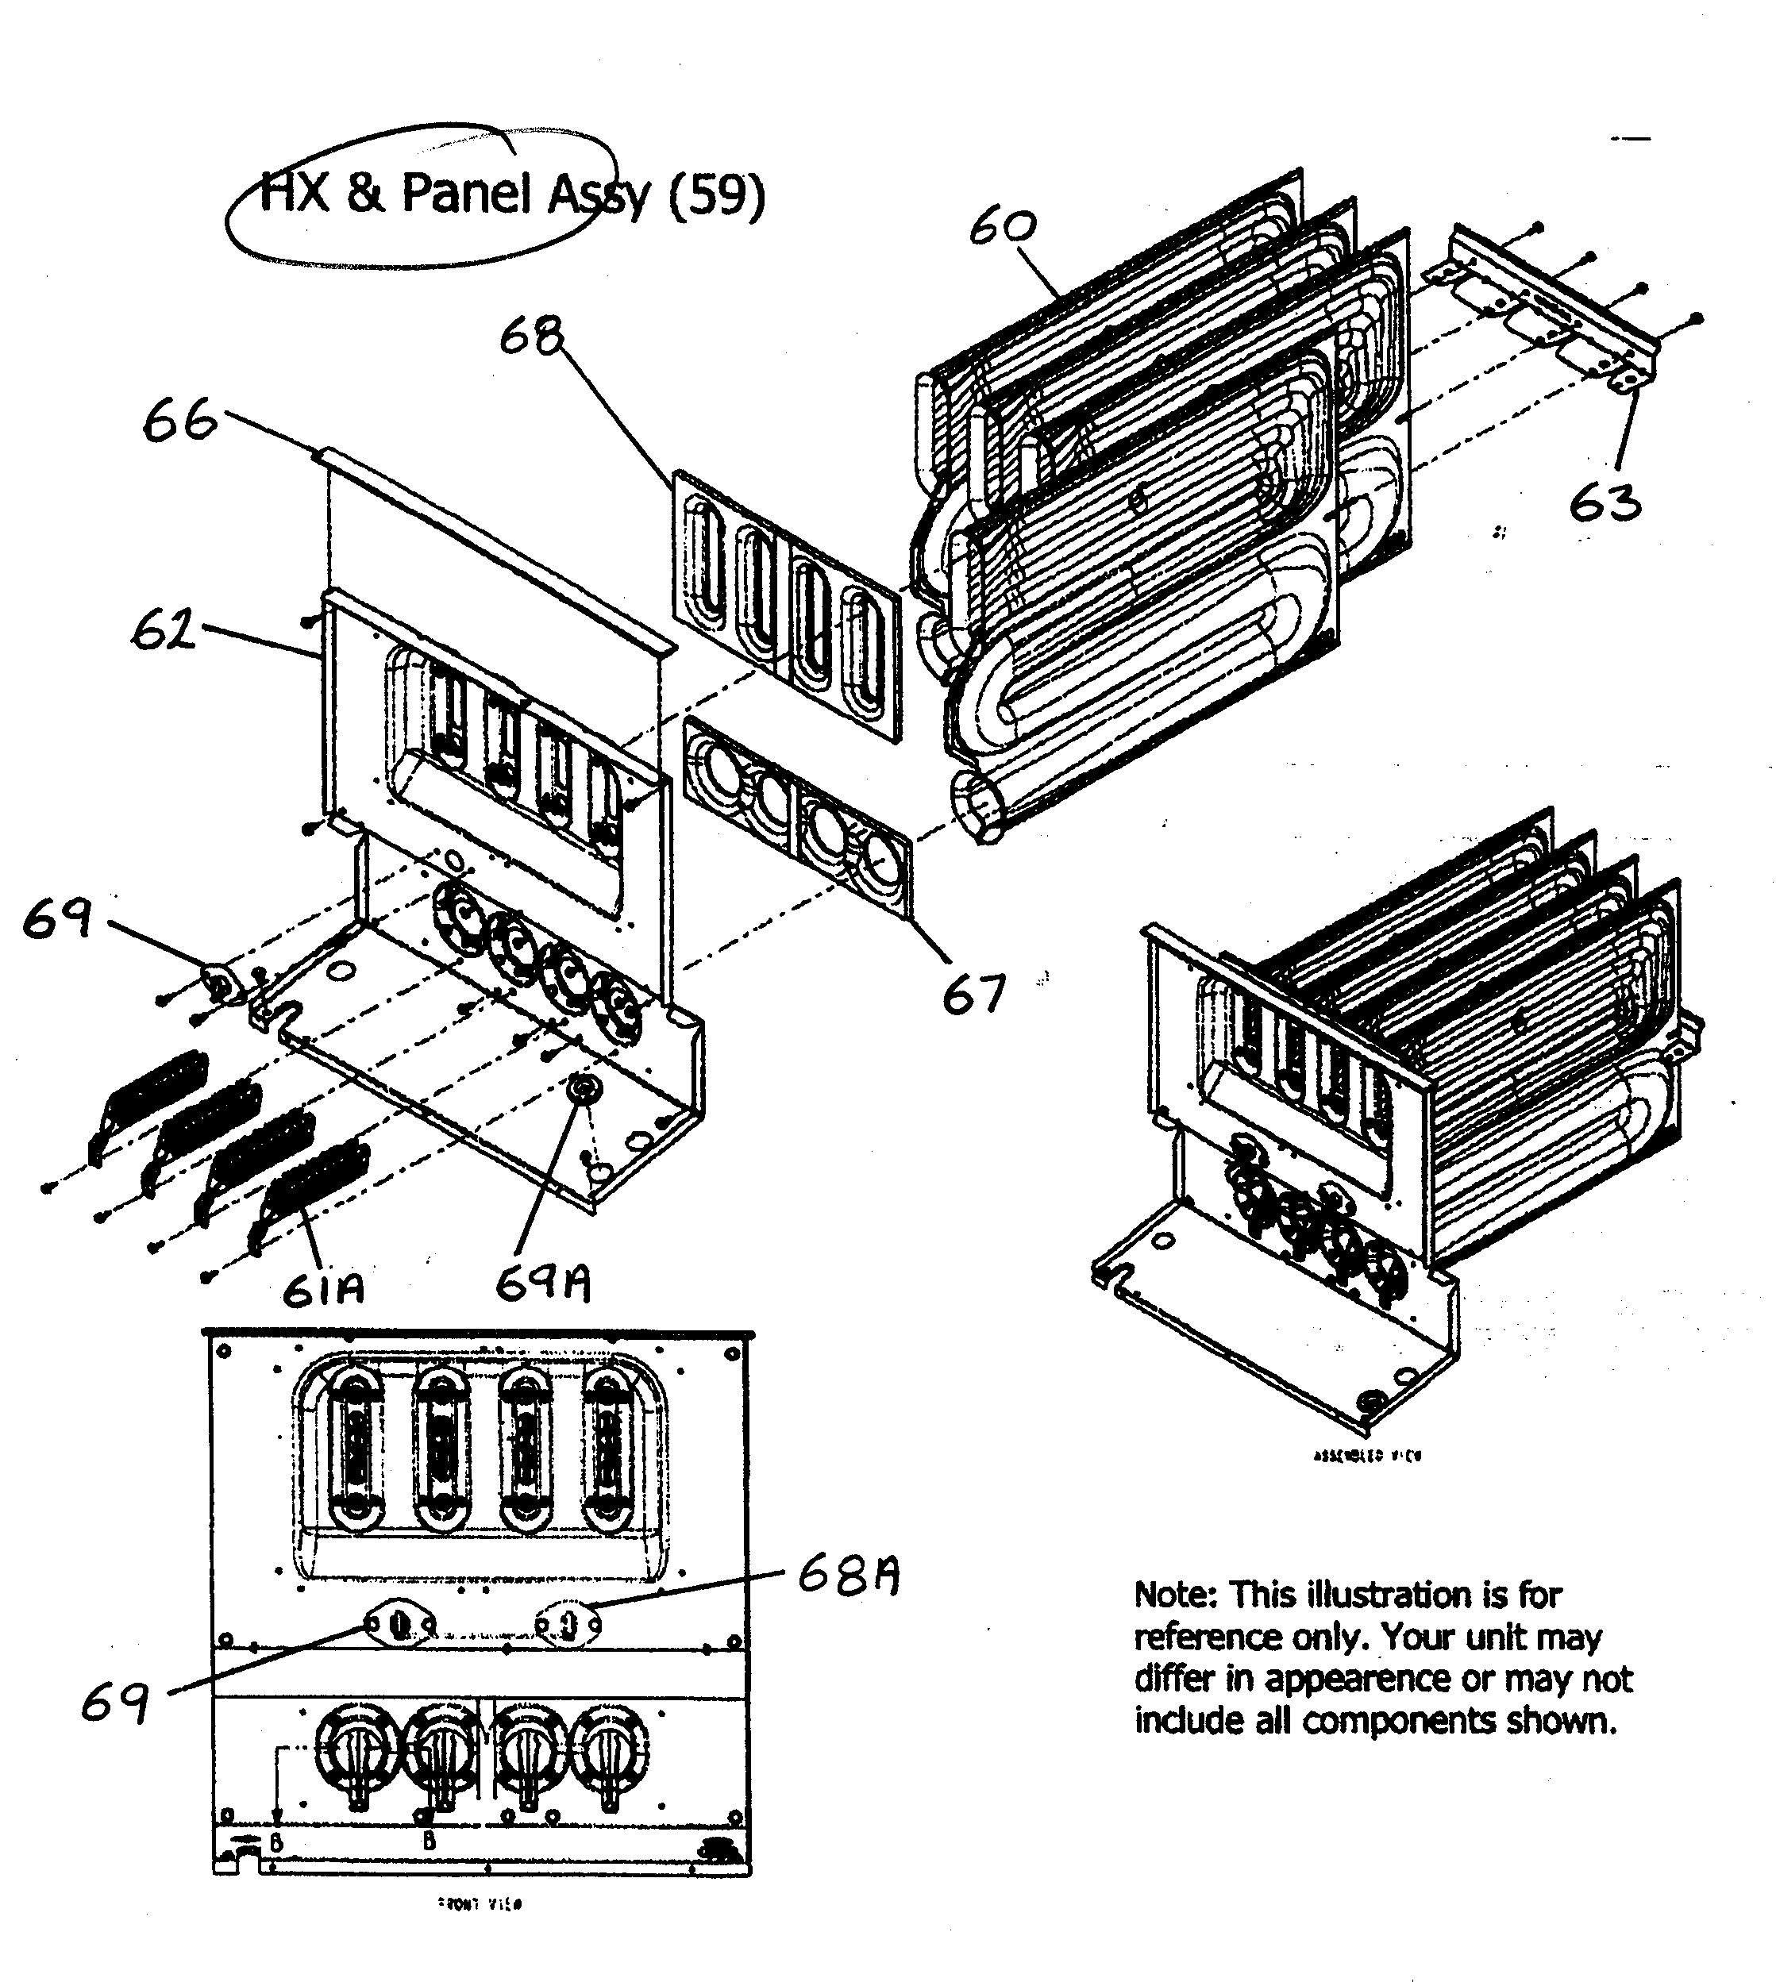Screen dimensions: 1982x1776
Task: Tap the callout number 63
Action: (x=1605, y=503)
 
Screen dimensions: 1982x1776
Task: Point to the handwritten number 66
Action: (x=179, y=421)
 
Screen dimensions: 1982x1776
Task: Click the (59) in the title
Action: (x=716, y=194)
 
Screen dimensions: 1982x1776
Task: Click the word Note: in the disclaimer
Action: (x=1175, y=1595)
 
